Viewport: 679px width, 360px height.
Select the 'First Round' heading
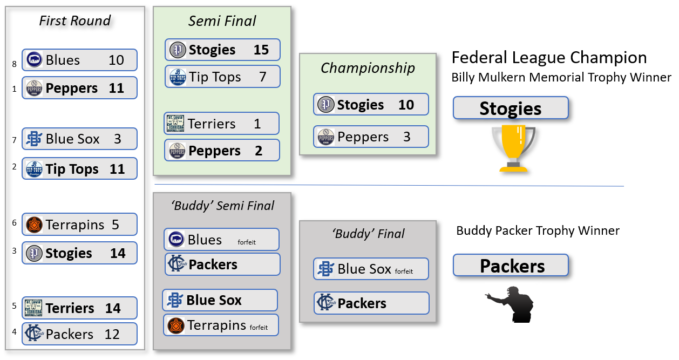tap(75, 21)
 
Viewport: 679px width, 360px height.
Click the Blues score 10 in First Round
tap(116, 60)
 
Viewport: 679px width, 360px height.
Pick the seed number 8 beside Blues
tap(14, 64)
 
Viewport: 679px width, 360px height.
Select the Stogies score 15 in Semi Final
tap(261, 50)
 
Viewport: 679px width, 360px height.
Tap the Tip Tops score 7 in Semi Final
tap(262, 77)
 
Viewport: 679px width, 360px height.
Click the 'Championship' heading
tap(368, 68)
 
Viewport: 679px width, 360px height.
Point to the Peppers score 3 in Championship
tap(406, 137)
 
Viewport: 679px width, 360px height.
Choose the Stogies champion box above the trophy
tap(511, 108)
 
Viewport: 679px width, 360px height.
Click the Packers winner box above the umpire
tap(511, 266)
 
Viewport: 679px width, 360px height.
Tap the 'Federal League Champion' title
tap(549, 58)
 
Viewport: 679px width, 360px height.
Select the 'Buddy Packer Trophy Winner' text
tap(538, 231)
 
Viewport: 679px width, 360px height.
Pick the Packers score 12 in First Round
tap(112, 334)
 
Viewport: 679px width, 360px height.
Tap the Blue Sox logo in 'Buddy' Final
tap(325, 269)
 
